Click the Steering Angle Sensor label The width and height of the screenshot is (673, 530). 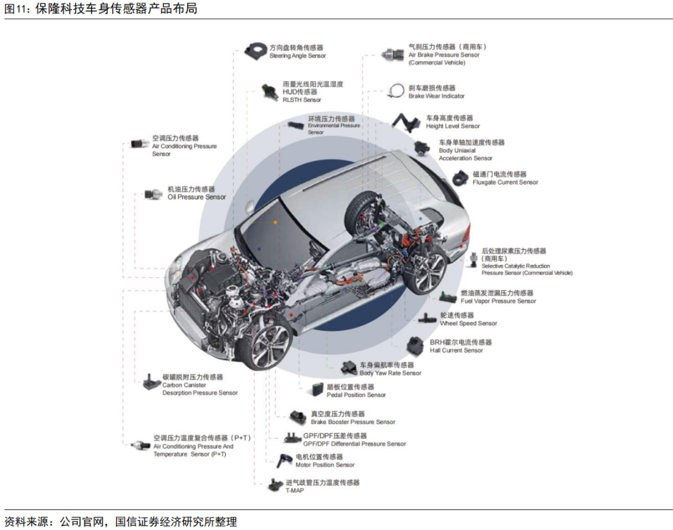pos(297,55)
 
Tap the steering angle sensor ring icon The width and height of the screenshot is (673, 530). pos(255,50)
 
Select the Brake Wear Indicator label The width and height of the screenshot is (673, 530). pos(436,96)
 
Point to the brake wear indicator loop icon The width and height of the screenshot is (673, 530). pos(397,90)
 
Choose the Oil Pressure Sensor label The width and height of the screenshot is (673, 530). pos(196,197)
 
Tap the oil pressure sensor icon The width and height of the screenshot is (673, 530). pos(153,195)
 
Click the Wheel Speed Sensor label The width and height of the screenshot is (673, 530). pos(469,324)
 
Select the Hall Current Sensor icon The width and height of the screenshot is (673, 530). pos(416,345)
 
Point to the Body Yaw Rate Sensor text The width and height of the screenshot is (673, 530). pos(390,373)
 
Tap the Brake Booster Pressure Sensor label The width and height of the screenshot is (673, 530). pos(353,422)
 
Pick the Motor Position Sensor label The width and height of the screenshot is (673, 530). pos(325,465)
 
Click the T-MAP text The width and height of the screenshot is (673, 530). pos(295,491)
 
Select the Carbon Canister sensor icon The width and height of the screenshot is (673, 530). pos(151,382)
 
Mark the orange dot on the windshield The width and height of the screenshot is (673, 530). pos(275,222)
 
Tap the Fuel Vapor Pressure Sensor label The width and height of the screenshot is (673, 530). pos(498,301)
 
